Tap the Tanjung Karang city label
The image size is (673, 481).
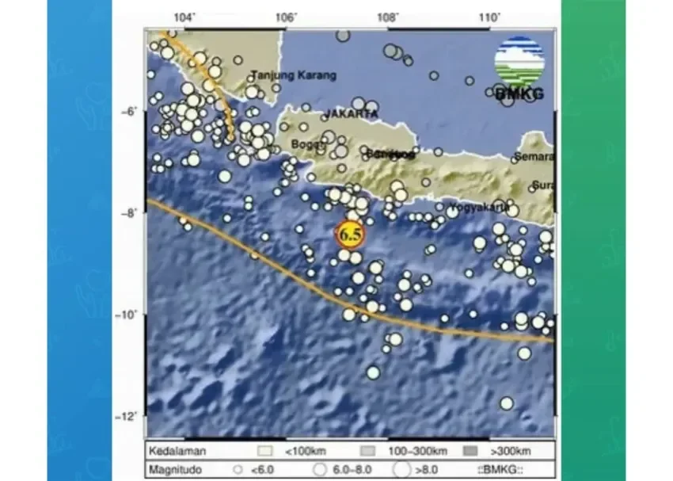point(293,76)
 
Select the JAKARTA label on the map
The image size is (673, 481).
point(350,114)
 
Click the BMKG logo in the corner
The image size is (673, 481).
point(519,70)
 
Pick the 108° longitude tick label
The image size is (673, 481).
point(387,17)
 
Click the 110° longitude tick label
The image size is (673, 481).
point(489,17)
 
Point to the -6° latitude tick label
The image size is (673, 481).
point(129,113)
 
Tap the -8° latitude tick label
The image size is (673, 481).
point(129,213)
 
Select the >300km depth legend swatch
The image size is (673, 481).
point(472,451)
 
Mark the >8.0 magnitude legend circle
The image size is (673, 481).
point(403,468)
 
